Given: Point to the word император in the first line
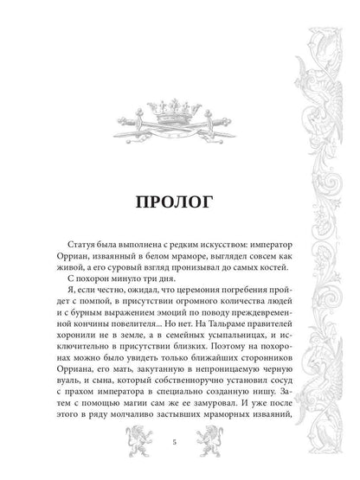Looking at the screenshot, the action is click(247, 246).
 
